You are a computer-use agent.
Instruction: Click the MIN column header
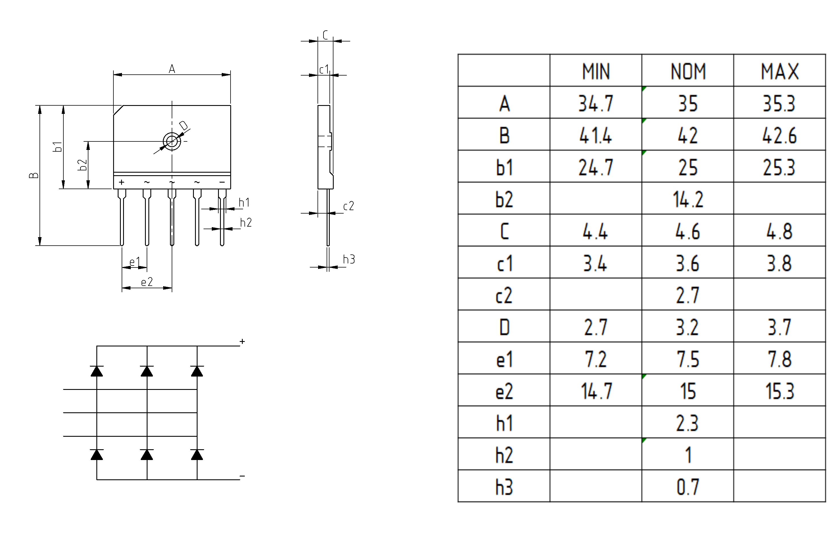(x=596, y=71)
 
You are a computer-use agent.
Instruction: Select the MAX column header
(x=779, y=71)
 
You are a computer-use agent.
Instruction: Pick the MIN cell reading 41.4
(x=596, y=135)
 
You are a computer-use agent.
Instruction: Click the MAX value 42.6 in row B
(x=779, y=135)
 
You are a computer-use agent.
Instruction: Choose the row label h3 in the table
(x=504, y=487)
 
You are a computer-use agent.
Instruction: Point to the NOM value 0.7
(x=688, y=487)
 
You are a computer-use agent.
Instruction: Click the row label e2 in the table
(x=504, y=391)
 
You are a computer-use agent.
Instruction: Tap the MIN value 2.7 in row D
(x=596, y=327)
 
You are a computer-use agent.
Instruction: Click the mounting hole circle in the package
(x=172, y=141)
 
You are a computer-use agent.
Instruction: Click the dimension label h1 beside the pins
(x=244, y=202)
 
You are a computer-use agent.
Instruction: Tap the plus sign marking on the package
(x=121, y=182)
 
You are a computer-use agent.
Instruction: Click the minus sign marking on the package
(x=222, y=182)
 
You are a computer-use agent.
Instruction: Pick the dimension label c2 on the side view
(x=348, y=206)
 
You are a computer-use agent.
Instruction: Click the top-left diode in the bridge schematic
(x=97, y=371)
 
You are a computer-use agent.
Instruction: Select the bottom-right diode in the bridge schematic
(x=197, y=454)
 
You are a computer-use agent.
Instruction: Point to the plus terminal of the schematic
(x=242, y=341)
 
